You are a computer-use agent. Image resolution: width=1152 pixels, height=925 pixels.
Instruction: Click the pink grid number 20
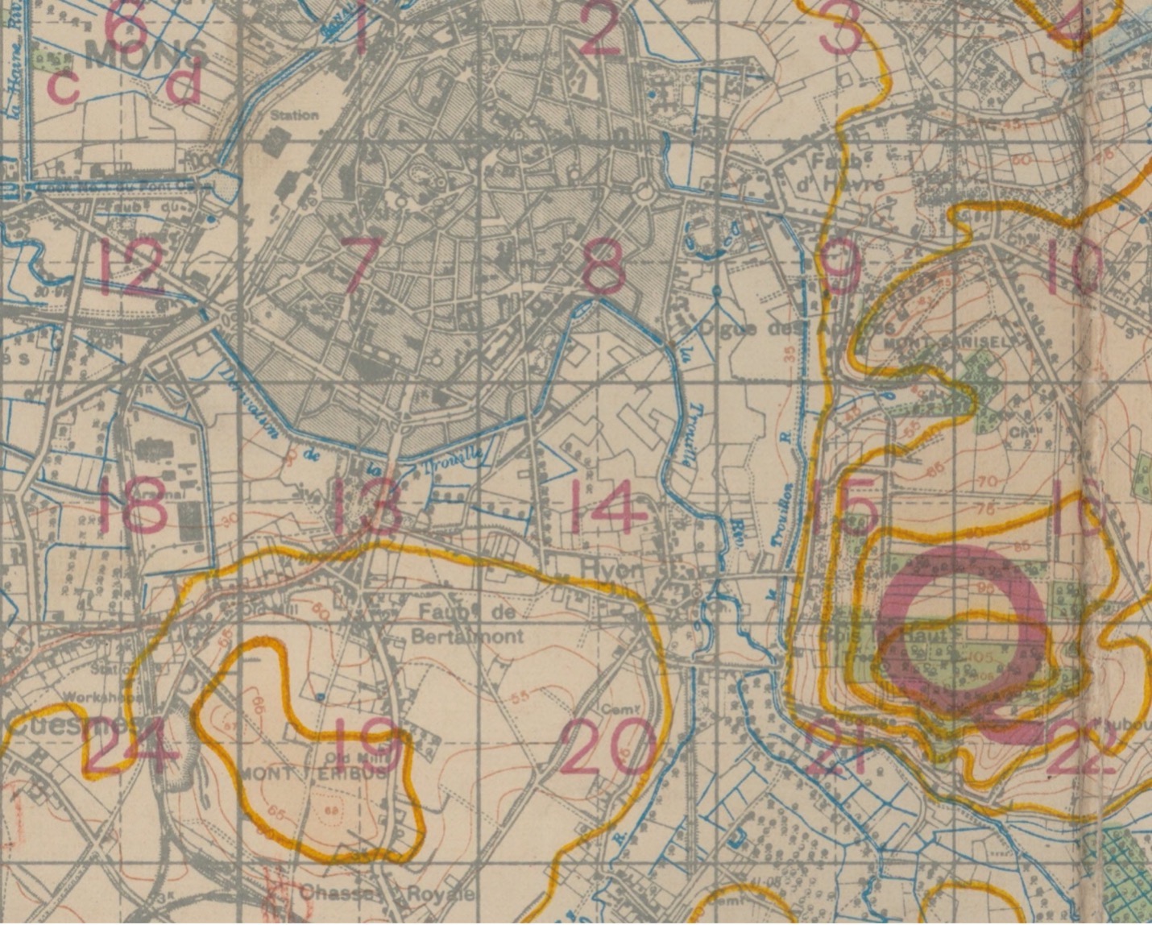pos(609,745)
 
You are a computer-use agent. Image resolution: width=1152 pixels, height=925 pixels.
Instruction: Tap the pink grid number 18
pos(133,505)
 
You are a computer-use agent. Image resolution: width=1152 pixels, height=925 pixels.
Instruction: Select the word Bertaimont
pos(467,636)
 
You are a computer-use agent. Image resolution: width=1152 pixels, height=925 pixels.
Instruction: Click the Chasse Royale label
pos(387,894)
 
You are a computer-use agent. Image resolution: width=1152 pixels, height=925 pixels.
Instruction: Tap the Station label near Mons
pos(294,115)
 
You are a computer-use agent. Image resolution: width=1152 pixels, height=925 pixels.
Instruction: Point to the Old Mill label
pos(346,757)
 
